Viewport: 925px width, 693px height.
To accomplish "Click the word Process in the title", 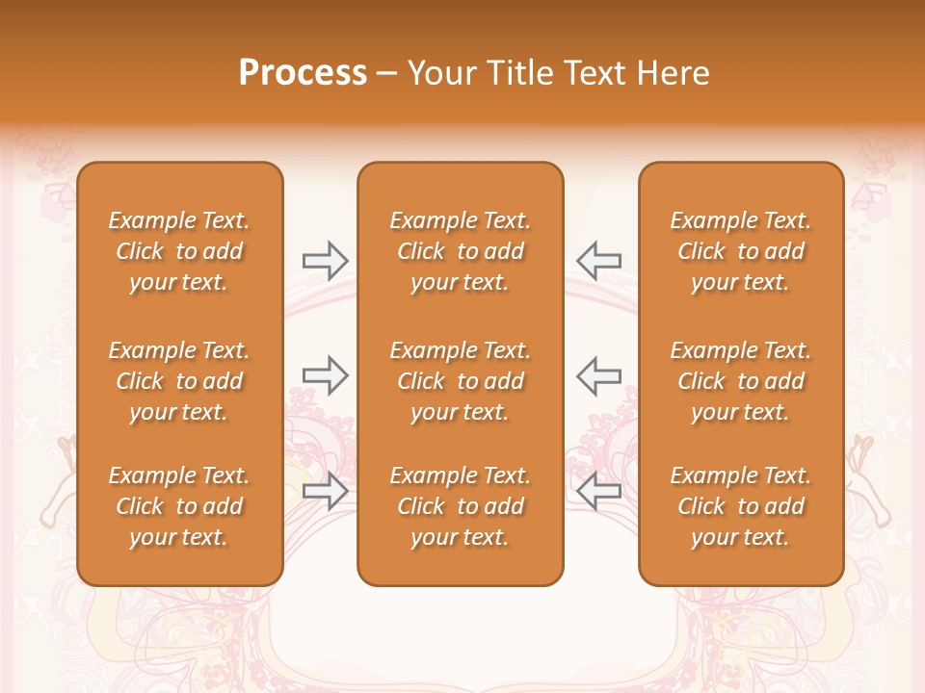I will pyautogui.click(x=303, y=73).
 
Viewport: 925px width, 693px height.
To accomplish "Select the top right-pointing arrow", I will pyautogui.click(x=325, y=260).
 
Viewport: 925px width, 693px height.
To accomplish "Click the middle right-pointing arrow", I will pyautogui.click(x=325, y=375).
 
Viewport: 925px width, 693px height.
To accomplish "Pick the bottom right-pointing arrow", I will pyautogui.click(x=325, y=491).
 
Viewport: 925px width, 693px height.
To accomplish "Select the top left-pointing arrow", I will pyautogui.click(x=599, y=260).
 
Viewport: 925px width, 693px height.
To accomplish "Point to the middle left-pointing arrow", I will pyautogui.click(x=599, y=375).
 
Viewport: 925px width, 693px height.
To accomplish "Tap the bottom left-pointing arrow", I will pyautogui.click(x=599, y=491).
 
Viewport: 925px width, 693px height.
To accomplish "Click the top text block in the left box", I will pyautogui.click(x=179, y=251).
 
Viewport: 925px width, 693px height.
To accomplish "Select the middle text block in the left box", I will pyautogui.click(x=179, y=381).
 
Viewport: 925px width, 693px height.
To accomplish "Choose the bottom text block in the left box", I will pyautogui.click(x=179, y=506).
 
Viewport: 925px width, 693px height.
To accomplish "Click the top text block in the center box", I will pyautogui.click(x=461, y=251).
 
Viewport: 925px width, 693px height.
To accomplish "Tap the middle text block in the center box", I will pyautogui.click(x=461, y=381).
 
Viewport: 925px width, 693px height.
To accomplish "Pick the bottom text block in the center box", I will pyautogui.click(x=461, y=506).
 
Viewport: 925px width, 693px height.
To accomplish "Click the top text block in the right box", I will pyautogui.click(x=741, y=251).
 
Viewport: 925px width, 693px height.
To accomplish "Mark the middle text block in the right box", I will pyautogui.click(x=741, y=381).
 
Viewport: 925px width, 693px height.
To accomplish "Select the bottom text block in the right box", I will pyautogui.click(x=741, y=506).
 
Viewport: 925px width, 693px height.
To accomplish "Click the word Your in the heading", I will pyautogui.click(x=438, y=73).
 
